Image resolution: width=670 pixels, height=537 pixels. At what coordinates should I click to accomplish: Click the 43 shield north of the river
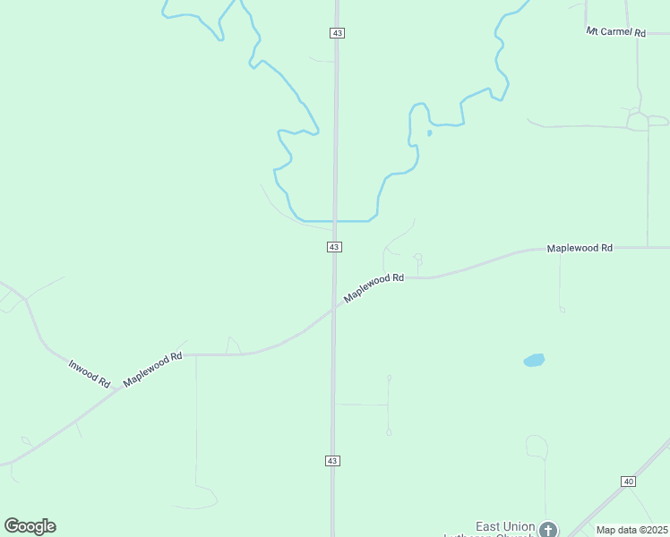coord(337,32)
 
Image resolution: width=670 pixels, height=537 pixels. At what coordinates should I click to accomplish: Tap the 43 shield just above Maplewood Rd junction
coord(334,246)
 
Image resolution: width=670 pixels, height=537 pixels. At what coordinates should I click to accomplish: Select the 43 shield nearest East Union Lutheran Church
coord(332,460)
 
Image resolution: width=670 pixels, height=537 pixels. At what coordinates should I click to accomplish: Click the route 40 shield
coord(628,482)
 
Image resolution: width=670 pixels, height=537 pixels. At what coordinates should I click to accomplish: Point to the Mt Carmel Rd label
coord(616,32)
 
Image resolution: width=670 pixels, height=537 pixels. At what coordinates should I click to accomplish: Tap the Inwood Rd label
coord(90,373)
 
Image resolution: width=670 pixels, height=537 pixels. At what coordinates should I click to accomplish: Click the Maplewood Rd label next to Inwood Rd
coord(152,369)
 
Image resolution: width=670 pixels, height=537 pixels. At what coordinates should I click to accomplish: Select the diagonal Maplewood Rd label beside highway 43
coord(374,287)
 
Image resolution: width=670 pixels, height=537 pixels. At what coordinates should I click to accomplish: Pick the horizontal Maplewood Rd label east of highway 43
coord(580,247)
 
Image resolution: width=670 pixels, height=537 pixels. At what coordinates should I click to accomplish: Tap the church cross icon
coord(548,530)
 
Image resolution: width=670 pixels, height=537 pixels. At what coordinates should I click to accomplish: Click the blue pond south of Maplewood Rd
coord(534,361)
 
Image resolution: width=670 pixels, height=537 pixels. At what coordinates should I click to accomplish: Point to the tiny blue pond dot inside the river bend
coord(430,133)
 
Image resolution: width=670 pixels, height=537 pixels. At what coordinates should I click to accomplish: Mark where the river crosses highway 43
coord(335,220)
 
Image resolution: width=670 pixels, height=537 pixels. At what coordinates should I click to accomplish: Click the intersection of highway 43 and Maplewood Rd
coord(334,306)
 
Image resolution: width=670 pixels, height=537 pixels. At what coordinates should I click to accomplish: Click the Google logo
coord(30,526)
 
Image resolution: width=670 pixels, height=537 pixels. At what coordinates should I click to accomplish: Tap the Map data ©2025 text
coord(631,530)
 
